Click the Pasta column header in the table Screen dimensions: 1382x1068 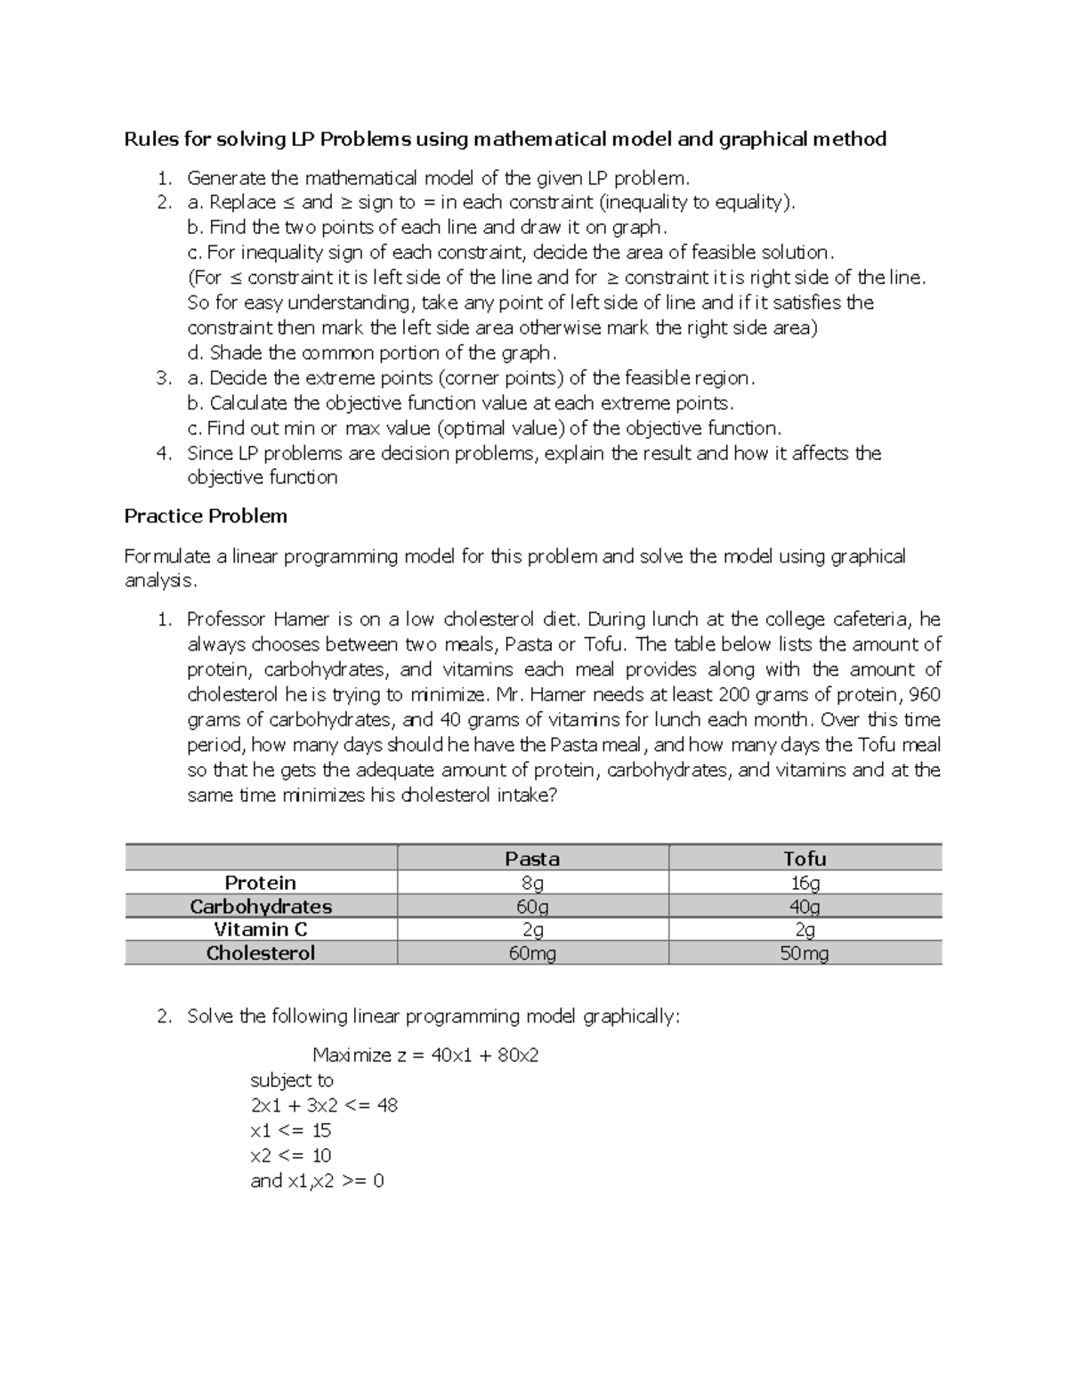click(x=532, y=859)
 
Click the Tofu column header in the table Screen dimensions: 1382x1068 click(x=805, y=859)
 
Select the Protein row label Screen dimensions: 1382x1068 click(x=260, y=883)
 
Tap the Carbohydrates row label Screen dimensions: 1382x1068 click(x=260, y=906)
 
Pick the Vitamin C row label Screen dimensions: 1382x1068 click(x=260, y=930)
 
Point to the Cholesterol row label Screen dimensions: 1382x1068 click(x=260, y=953)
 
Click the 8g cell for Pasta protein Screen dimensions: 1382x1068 click(x=532, y=883)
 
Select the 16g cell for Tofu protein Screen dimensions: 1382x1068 click(x=805, y=883)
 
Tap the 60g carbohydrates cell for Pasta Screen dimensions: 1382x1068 click(x=532, y=906)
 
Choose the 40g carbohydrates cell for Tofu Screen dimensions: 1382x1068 click(x=805, y=906)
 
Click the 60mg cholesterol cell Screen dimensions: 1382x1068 click(x=532, y=953)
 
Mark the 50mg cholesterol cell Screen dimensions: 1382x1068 click(x=805, y=953)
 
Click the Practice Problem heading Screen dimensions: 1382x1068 click(x=206, y=516)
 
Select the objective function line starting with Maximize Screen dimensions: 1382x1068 click(x=425, y=1055)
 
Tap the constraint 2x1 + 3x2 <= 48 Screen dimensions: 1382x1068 click(x=324, y=1105)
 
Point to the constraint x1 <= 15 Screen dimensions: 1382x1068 click(x=291, y=1130)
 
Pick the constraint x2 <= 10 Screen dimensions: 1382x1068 click(x=291, y=1155)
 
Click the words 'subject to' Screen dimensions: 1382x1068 click(x=292, y=1080)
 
